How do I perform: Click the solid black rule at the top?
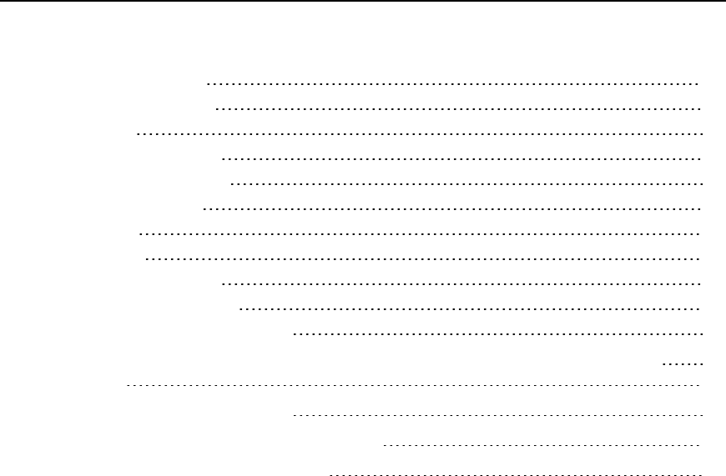(363, 1)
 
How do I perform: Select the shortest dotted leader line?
(683, 363)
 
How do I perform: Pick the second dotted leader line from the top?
(459, 109)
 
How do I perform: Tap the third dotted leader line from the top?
(420, 133)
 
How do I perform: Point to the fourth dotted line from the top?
(462, 158)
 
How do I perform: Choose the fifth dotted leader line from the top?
(466, 183)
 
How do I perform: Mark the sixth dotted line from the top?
(452, 208)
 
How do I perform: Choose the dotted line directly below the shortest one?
(413, 387)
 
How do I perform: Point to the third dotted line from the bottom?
(499, 413)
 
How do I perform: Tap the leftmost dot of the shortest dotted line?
(663, 363)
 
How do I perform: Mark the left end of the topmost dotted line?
(208, 84)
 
